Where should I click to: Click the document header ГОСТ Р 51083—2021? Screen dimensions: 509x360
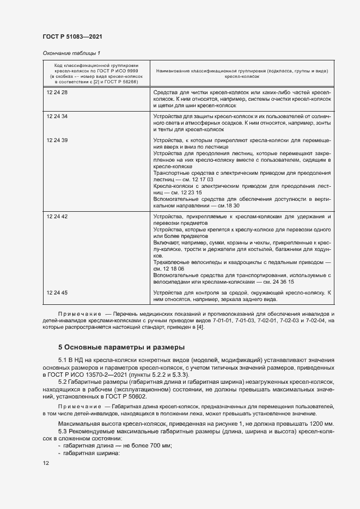tap(72, 36)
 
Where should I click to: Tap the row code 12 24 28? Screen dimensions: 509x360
tap(57, 93)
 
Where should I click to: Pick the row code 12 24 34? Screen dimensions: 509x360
tap(57, 116)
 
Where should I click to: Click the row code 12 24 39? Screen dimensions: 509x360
tap(57, 140)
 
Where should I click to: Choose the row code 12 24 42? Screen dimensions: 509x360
tap(57, 217)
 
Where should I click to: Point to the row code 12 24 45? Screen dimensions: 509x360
tap(57, 293)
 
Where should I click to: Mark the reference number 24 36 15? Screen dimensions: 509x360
tap(284, 283)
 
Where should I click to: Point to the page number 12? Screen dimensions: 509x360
tap(46, 463)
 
